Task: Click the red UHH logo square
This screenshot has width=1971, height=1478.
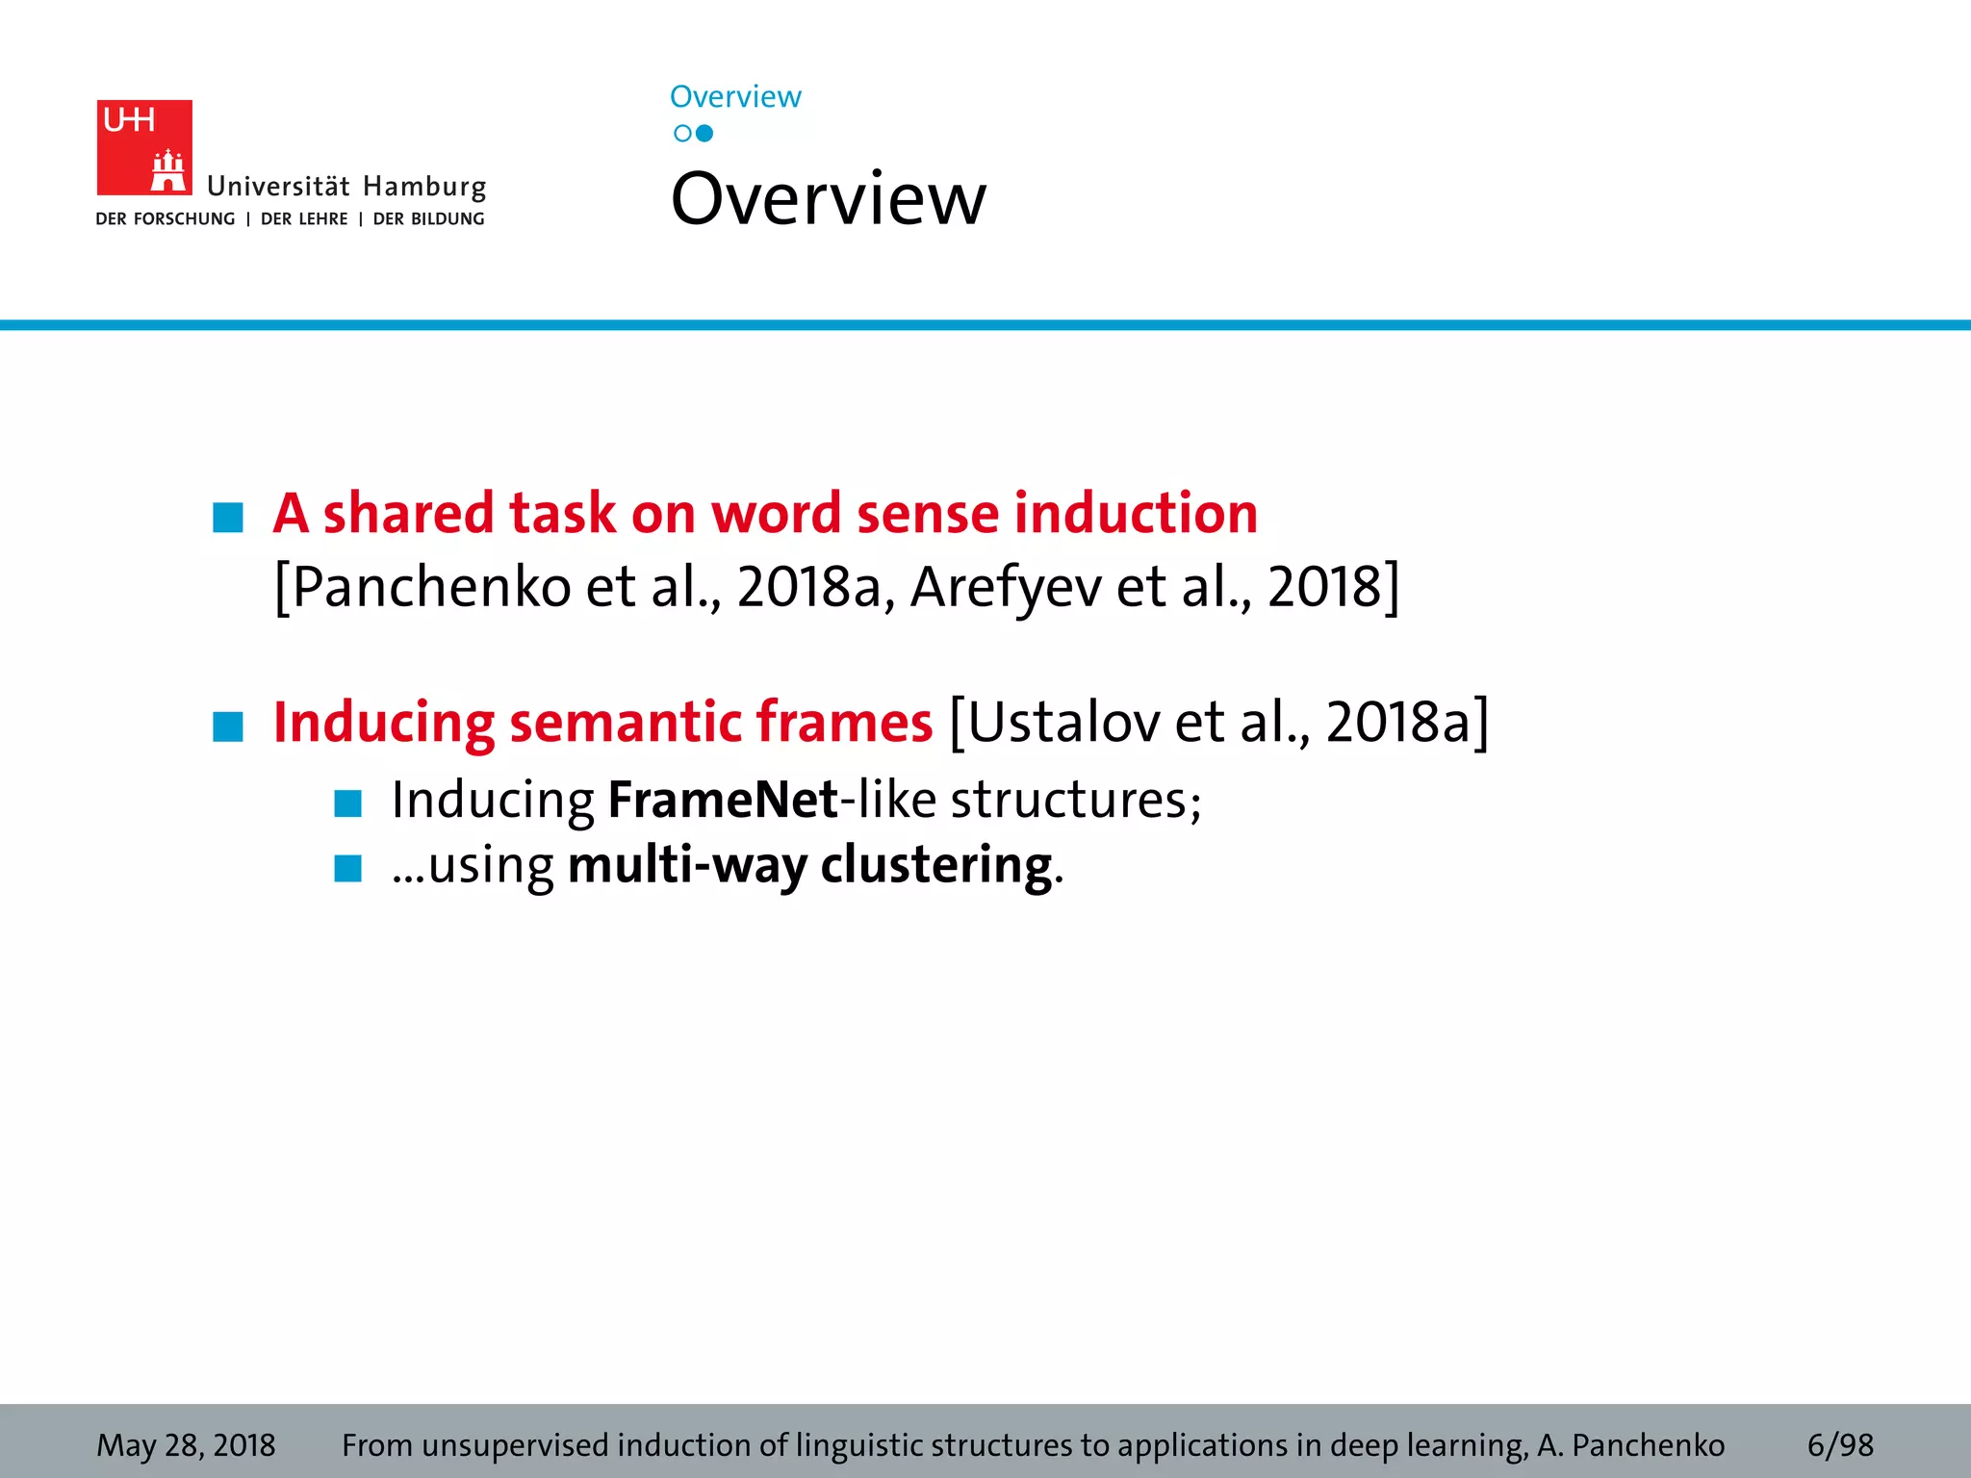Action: point(144,147)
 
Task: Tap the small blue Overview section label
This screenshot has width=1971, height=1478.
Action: point(735,97)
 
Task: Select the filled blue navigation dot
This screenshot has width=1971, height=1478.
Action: point(704,134)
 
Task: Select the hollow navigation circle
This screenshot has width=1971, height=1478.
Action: point(682,134)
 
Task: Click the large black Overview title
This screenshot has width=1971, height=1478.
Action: point(828,199)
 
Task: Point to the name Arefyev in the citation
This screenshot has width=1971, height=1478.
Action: point(1006,587)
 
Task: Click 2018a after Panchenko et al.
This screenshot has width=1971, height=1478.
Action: point(808,587)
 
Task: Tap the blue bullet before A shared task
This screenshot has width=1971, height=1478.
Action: point(228,518)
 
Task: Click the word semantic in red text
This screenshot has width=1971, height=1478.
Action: point(624,723)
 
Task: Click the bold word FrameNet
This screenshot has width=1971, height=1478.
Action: point(723,801)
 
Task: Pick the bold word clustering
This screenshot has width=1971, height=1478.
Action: point(936,865)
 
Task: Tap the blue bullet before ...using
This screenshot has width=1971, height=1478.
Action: point(347,868)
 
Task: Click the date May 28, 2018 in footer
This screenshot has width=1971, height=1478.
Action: point(186,1445)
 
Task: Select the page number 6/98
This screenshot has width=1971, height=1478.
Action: point(1840,1445)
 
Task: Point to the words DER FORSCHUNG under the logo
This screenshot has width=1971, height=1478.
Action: point(166,219)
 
